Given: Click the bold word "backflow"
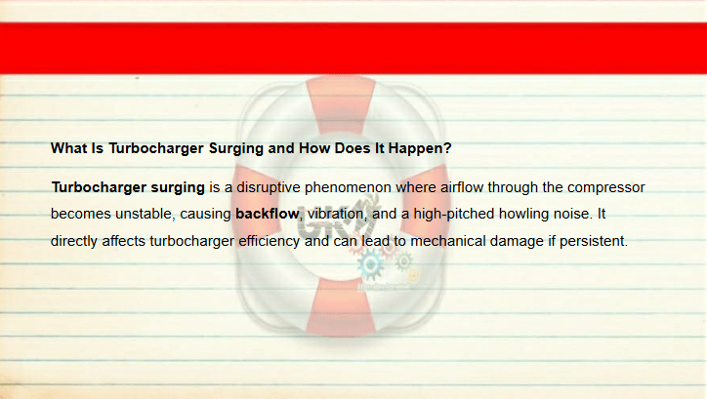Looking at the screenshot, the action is click(267, 214).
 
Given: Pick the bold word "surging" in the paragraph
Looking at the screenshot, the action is click(178, 187).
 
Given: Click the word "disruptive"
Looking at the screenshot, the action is click(269, 187).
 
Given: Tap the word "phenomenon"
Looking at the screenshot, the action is click(348, 187).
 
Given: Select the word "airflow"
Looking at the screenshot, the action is click(462, 187).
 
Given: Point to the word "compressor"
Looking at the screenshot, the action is click(605, 187).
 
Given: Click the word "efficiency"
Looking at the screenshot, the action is click(269, 241).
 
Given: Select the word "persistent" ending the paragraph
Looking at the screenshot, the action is click(594, 241).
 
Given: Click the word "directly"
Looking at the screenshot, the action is click(74, 241).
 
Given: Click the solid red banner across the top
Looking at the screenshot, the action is click(353, 48).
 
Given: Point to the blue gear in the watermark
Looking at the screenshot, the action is click(371, 264).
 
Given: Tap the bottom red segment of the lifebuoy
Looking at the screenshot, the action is click(341, 306).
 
